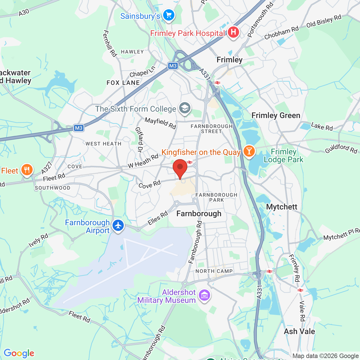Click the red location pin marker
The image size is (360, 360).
point(180,168)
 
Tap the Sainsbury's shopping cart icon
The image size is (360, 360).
point(169,15)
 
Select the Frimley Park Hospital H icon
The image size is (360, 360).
point(233,32)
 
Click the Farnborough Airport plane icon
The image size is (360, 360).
point(118,226)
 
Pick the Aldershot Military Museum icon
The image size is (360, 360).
point(204,295)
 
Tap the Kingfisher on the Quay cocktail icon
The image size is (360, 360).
point(249,151)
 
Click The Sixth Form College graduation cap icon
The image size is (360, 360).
point(185,108)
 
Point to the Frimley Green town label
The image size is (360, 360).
point(276,116)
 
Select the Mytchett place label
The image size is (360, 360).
point(282,207)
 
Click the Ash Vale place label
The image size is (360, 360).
point(299,331)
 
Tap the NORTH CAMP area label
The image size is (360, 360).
point(214,271)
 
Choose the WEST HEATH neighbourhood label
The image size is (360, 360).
point(103,144)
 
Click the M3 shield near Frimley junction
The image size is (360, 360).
point(173,66)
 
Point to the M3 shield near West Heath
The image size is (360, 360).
point(79,128)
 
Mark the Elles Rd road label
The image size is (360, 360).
point(158,218)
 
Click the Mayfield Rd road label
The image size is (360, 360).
point(160,123)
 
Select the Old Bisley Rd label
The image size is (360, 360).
point(324,21)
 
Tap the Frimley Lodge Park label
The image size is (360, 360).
point(283,156)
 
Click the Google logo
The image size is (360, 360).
point(19,353)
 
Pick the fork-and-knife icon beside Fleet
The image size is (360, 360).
point(27,170)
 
